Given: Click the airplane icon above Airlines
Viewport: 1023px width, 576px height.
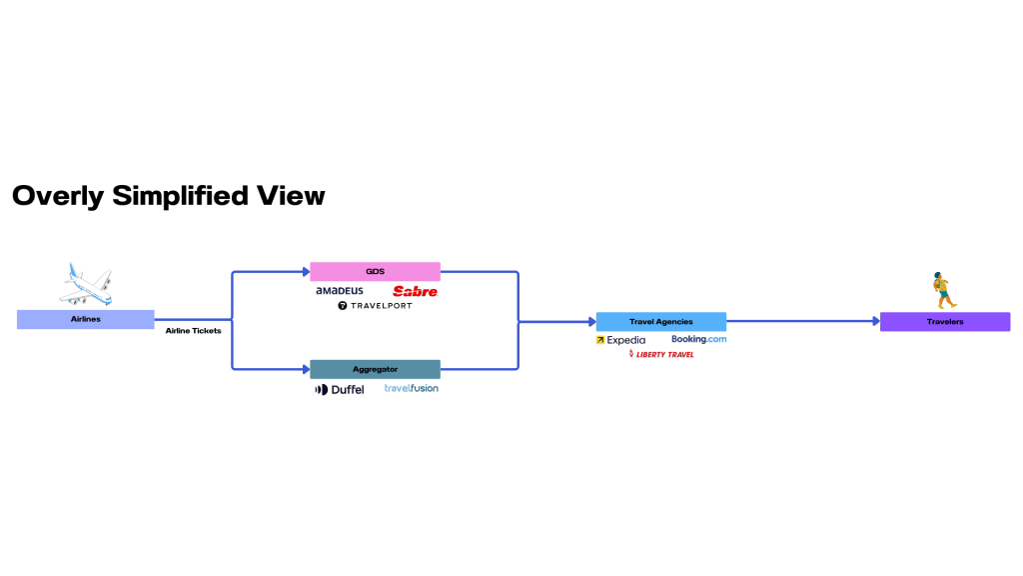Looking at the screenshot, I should (x=86, y=284).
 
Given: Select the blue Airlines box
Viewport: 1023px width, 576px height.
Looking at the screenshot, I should (x=86, y=319).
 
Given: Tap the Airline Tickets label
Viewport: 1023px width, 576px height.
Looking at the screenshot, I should (x=193, y=331).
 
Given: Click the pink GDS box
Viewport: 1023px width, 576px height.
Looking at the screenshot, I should (x=375, y=271).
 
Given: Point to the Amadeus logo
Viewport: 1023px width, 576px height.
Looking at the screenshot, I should (x=340, y=291).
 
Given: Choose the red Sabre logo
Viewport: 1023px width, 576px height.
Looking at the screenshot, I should (x=415, y=291).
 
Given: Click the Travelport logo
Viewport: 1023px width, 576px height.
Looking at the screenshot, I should (x=375, y=306).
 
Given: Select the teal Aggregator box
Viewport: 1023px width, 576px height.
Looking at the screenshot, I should (x=375, y=369).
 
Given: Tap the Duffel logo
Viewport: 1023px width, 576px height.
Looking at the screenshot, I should (x=340, y=389).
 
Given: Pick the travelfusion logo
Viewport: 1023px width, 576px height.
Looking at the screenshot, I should (x=412, y=388).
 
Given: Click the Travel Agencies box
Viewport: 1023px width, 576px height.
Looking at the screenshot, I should (x=660, y=322).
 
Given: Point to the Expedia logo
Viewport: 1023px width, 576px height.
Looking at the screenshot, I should (x=620, y=340).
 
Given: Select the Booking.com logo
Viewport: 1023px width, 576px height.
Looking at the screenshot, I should (x=698, y=339).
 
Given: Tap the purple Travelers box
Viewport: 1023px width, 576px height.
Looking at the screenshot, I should (x=944, y=322).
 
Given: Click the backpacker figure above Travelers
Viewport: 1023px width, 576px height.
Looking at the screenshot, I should (x=939, y=290).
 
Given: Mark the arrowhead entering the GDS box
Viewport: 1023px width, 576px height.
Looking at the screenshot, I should (x=305, y=271).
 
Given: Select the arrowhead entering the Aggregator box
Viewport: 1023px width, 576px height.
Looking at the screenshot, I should (x=305, y=369).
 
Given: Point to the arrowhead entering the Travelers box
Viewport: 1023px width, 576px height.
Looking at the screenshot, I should (x=874, y=322).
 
